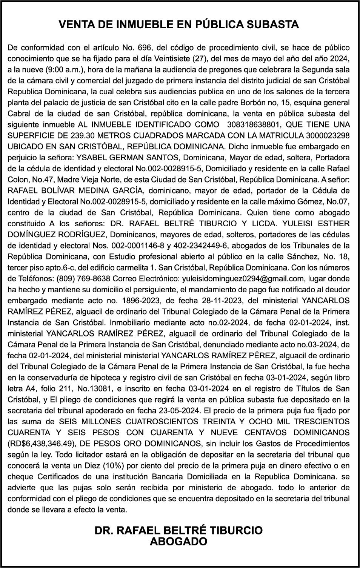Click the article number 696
coord(144,48)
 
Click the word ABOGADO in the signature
coord(178,542)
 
